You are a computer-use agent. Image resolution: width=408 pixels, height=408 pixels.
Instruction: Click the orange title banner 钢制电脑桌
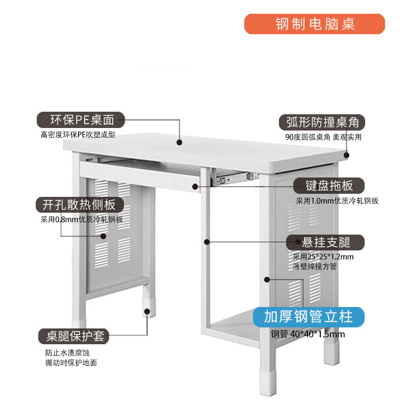click(314, 24)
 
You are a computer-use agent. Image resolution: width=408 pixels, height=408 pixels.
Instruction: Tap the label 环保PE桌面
click(81, 120)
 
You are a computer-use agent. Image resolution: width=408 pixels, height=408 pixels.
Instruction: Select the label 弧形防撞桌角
click(322, 122)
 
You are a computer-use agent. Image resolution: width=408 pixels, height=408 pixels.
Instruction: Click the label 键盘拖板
click(329, 186)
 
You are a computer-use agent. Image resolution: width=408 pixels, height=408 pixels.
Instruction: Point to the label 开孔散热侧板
click(80, 205)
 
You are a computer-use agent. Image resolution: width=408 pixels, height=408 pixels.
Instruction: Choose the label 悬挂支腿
click(325, 242)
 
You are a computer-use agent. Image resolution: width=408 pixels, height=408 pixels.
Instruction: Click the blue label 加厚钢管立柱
click(309, 317)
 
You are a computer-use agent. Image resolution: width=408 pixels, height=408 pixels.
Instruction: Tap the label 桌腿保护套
click(73, 336)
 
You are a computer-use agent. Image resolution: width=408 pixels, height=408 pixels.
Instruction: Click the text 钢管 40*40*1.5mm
click(308, 334)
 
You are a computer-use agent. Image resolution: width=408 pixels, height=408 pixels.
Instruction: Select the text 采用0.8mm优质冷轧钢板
click(82, 220)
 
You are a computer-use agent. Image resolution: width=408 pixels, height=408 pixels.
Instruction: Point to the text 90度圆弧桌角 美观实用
click(323, 137)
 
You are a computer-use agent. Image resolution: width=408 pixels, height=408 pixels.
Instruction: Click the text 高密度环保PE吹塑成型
click(78, 135)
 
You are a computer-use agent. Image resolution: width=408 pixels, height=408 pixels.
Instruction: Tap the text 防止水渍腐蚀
click(67, 353)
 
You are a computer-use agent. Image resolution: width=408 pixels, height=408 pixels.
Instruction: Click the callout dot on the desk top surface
click(179, 142)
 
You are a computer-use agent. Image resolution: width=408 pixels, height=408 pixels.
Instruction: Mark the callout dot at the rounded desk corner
click(346, 156)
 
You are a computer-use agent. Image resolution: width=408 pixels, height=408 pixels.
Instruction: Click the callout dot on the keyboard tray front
click(195, 187)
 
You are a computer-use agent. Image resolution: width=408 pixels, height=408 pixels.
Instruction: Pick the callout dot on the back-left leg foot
click(147, 312)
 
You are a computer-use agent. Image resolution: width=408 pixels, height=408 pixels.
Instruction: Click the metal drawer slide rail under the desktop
click(234, 178)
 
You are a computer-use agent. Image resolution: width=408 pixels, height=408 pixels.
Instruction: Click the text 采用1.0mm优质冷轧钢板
click(337, 201)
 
